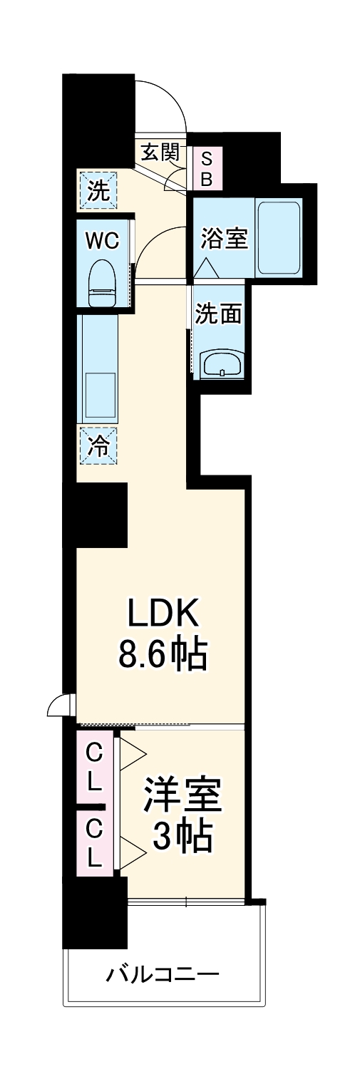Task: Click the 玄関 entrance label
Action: (x=159, y=153)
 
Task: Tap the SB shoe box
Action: (x=205, y=169)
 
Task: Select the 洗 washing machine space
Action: (x=98, y=190)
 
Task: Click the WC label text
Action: (x=102, y=240)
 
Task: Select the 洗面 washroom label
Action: (x=219, y=314)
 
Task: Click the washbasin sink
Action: (x=222, y=364)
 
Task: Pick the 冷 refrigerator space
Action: (x=98, y=445)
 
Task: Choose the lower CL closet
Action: (x=94, y=842)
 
